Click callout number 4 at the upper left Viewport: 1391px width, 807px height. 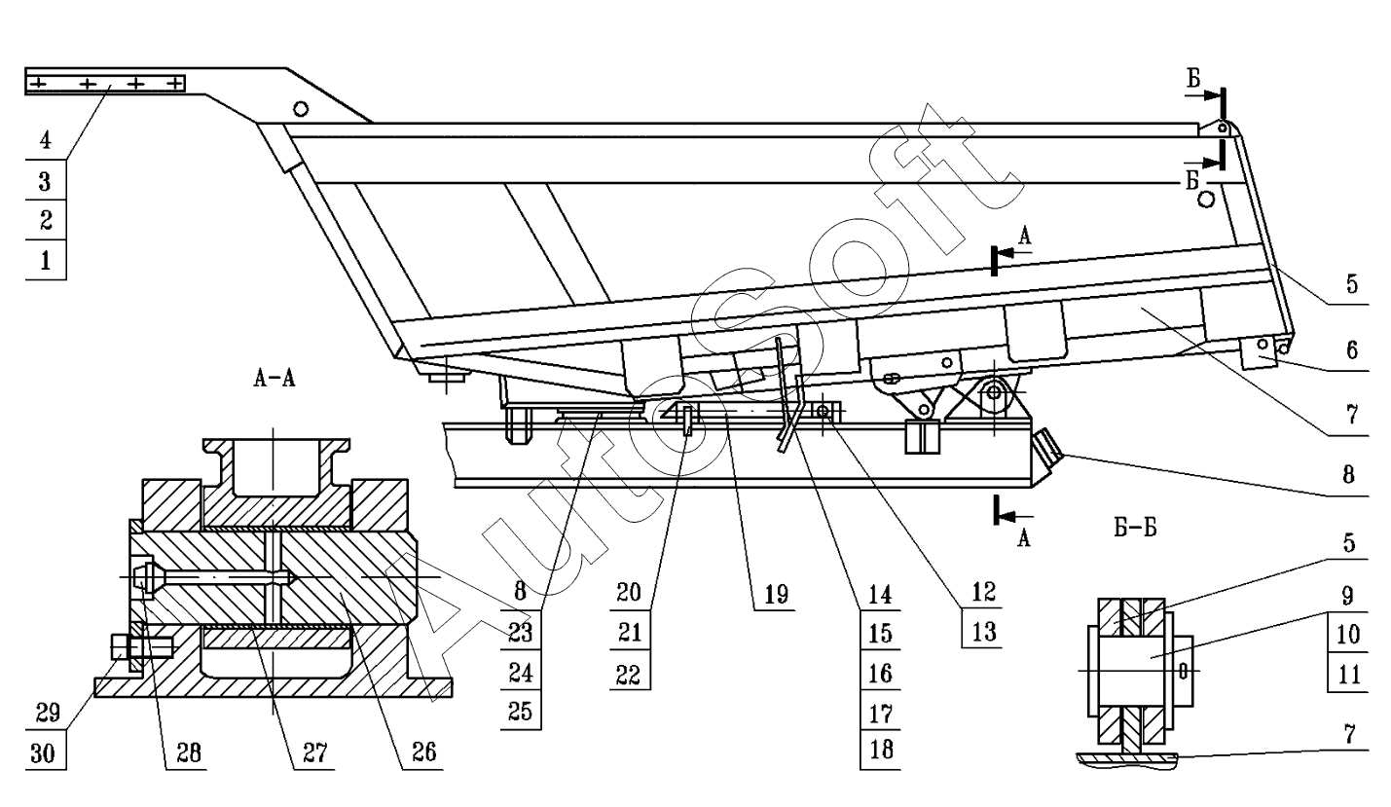pos(46,140)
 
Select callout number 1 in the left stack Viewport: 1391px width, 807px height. pos(46,260)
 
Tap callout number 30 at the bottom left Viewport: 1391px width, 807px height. pos(43,753)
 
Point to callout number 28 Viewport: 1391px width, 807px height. pos(189,752)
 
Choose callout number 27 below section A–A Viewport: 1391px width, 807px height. pos(314,752)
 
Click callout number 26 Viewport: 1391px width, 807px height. pos(424,752)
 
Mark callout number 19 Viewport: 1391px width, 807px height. pos(776,595)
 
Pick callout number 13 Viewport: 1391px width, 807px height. pos(984,633)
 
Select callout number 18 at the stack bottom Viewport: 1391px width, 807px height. pos(881,750)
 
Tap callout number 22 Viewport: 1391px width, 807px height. pos(628,675)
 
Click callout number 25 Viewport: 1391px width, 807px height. pos(520,712)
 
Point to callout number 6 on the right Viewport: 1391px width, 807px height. pos(1352,350)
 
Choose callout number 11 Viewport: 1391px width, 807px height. pos(1349,675)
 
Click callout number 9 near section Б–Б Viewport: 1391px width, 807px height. pos(1347,596)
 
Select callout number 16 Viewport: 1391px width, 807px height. pos(881,674)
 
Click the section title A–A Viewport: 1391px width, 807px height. pos(274,378)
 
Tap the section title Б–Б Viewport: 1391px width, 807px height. pos(1135,528)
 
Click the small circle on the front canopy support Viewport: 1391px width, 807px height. pos(301,109)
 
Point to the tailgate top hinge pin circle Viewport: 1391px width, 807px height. pos(1222,128)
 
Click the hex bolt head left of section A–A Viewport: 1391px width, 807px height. pos(119,646)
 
